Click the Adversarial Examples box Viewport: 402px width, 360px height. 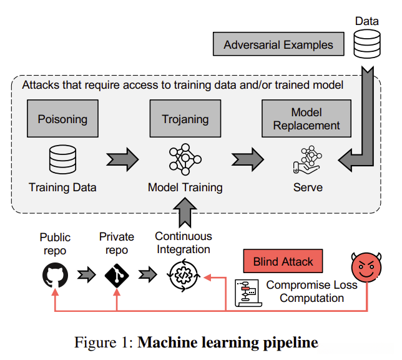pyautogui.click(x=278, y=45)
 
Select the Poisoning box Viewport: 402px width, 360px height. pyautogui.click(x=62, y=119)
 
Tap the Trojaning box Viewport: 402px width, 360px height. pyautogui.click(x=185, y=119)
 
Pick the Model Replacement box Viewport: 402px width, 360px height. pyautogui.click(x=306, y=119)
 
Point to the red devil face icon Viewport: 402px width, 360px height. pyautogui.click(x=366, y=267)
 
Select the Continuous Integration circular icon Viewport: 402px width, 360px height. pyautogui.click(x=184, y=276)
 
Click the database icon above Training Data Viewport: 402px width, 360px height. pyautogui.click(x=62, y=159)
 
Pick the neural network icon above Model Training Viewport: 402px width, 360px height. pyautogui.click(x=185, y=159)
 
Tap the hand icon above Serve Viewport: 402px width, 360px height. pyautogui.click(x=307, y=161)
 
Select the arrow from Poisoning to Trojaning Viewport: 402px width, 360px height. pyautogui.click(x=122, y=159)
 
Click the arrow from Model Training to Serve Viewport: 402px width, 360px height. pyautogui.click(x=248, y=159)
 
